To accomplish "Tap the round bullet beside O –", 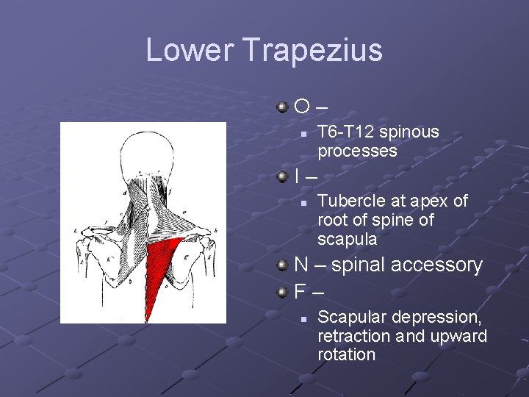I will click(x=283, y=107).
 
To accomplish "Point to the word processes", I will click(x=357, y=151).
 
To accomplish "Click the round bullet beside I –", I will click(x=283, y=176).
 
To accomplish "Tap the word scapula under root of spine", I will click(x=347, y=240).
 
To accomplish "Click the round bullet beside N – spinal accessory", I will click(x=283, y=265).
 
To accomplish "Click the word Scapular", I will click(x=352, y=318).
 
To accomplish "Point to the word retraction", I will click(x=354, y=337).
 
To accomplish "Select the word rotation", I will click(x=346, y=355).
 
